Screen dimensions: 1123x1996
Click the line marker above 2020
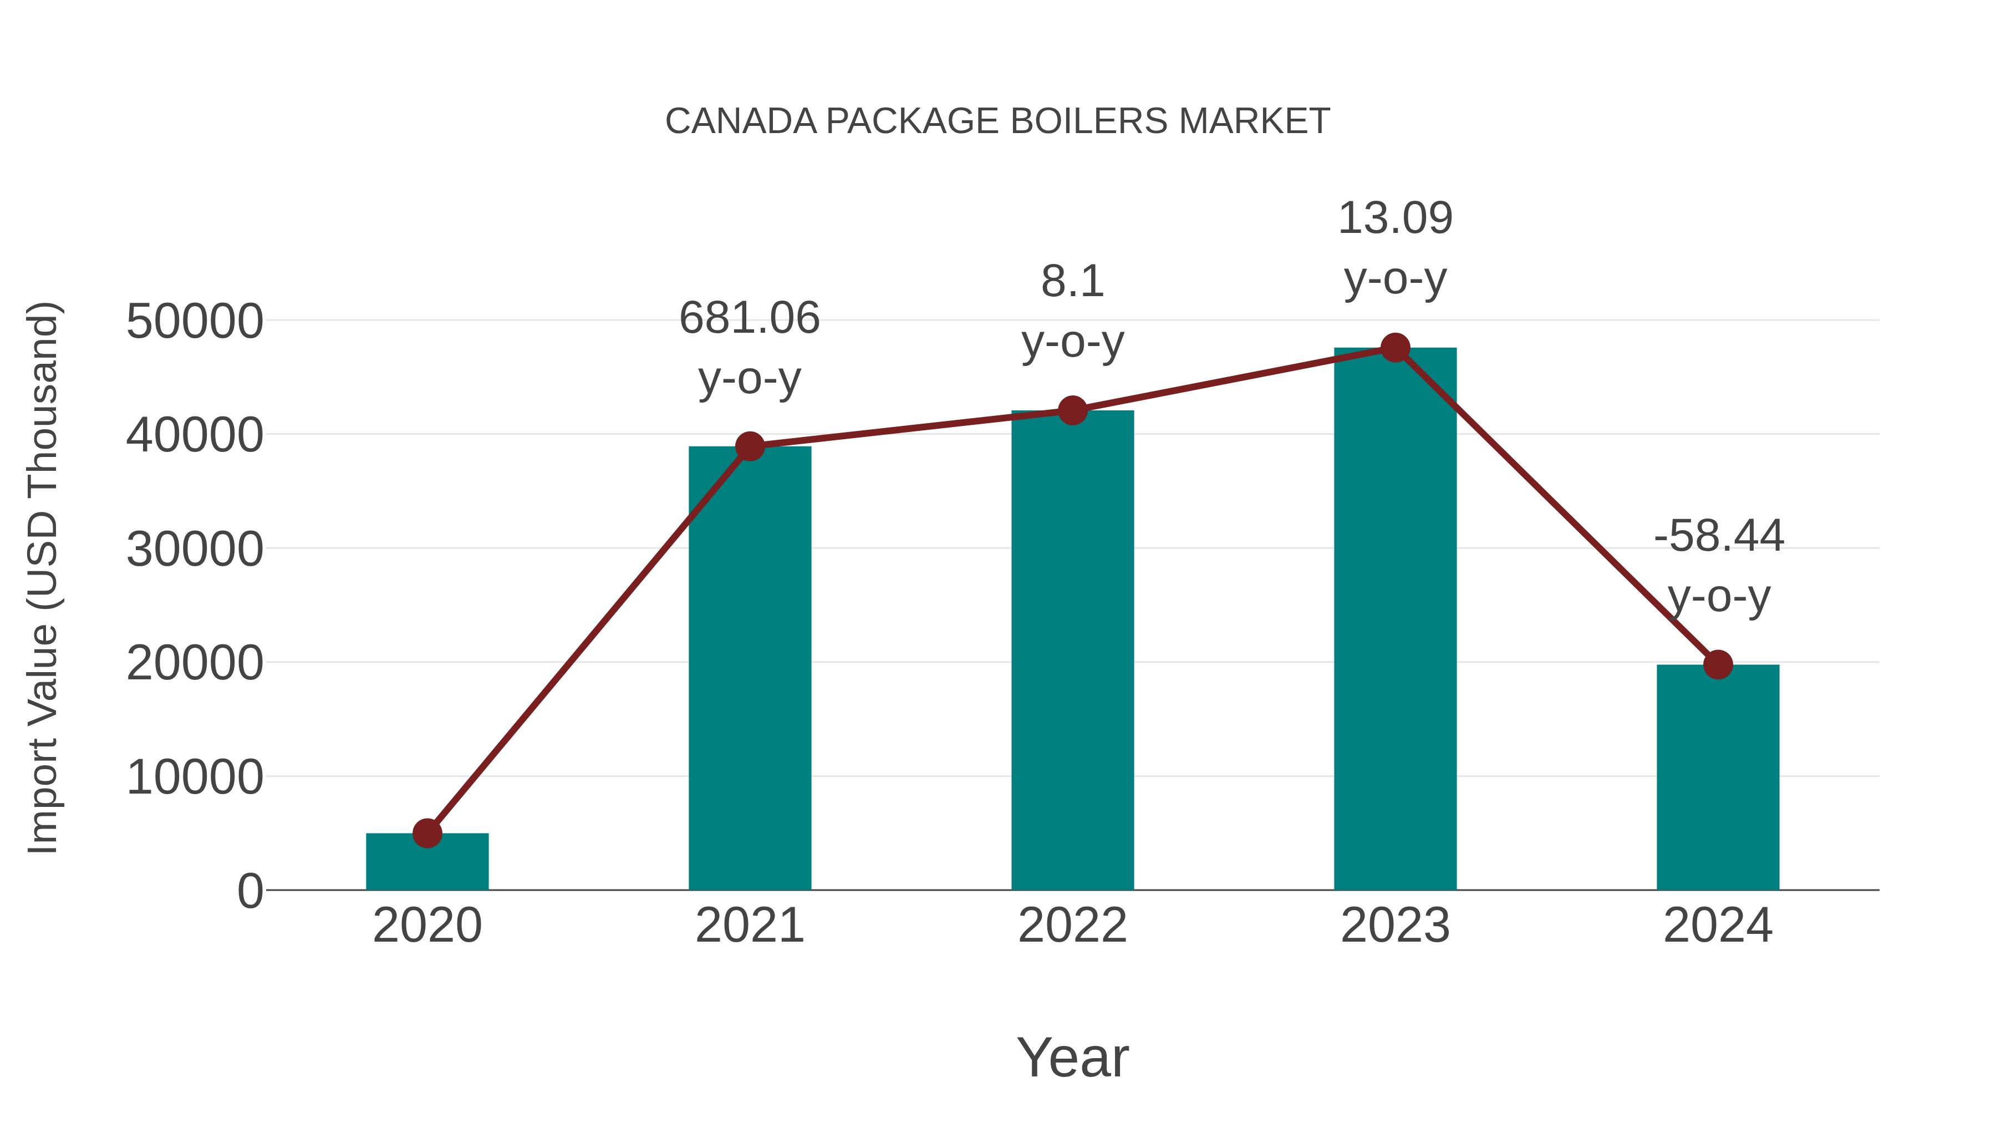427,833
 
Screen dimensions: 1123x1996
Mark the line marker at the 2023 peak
1395,348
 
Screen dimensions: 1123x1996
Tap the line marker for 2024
1718,664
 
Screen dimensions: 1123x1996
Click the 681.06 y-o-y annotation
749,349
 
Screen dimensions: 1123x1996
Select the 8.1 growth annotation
1072,312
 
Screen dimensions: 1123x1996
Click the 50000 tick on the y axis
195,322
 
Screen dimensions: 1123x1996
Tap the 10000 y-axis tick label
195,778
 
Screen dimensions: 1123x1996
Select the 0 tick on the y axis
249,891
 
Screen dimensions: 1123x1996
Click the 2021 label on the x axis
749,926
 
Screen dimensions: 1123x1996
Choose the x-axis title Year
1072,1057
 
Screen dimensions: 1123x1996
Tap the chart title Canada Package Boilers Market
997,121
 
